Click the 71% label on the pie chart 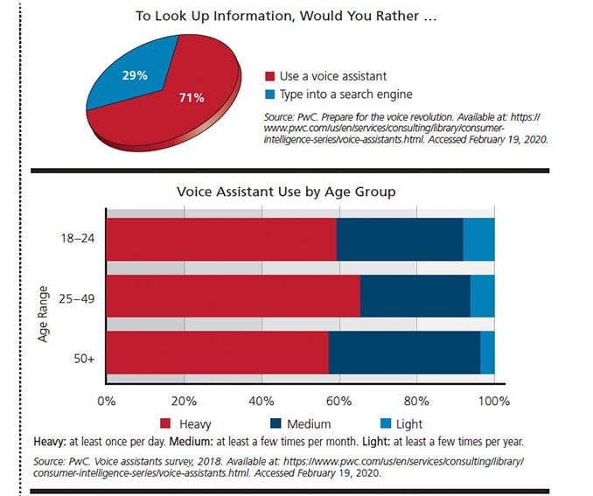[x=192, y=96]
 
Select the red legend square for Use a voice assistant [x=270, y=75]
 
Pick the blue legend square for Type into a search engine [x=270, y=94]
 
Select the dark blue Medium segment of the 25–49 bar [x=415, y=296]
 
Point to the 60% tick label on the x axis [x=339, y=402]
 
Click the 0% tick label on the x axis [x=106, y=402]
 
